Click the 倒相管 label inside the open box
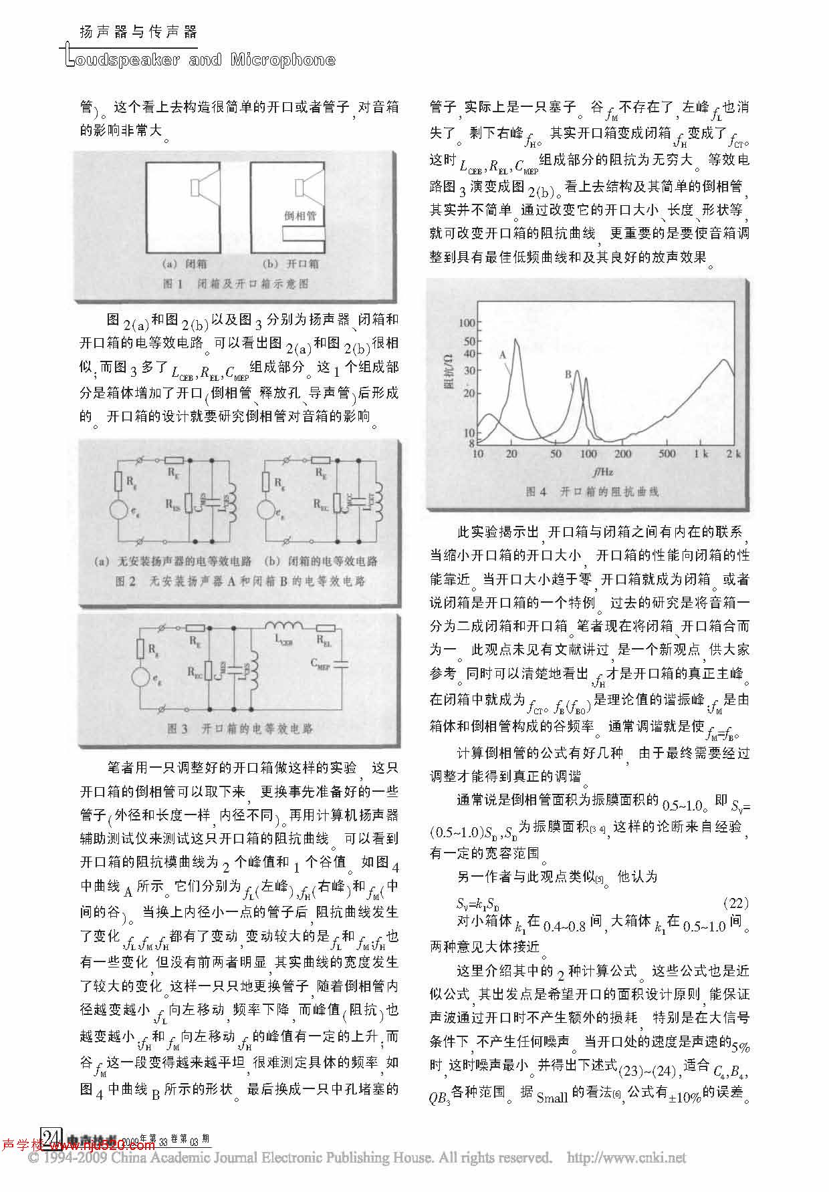(x=300, y=216)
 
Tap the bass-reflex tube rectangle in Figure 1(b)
(x=303, y=234)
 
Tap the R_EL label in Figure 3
(x=324, y=641)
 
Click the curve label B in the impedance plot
(x=568, y=374)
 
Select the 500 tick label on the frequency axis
(x=667, y=454)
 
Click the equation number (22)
(x=736, y=904)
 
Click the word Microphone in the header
(x=283, y=60)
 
